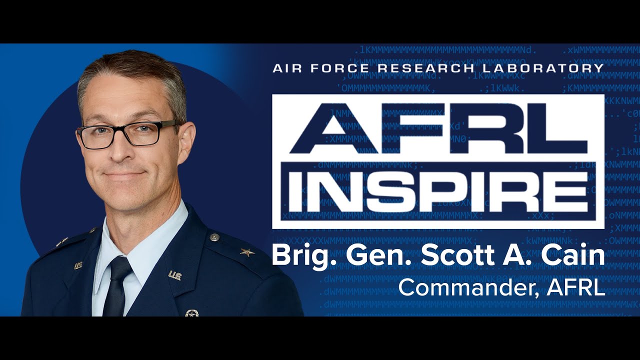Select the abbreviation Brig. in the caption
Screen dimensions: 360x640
point(299,256)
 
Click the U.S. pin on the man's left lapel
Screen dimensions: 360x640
point(174,275)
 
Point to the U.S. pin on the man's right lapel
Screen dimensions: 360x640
point(78,266)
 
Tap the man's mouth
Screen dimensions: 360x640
point(123,174)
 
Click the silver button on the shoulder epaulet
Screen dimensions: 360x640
point(214,237)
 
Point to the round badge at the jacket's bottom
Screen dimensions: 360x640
point(191,313)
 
